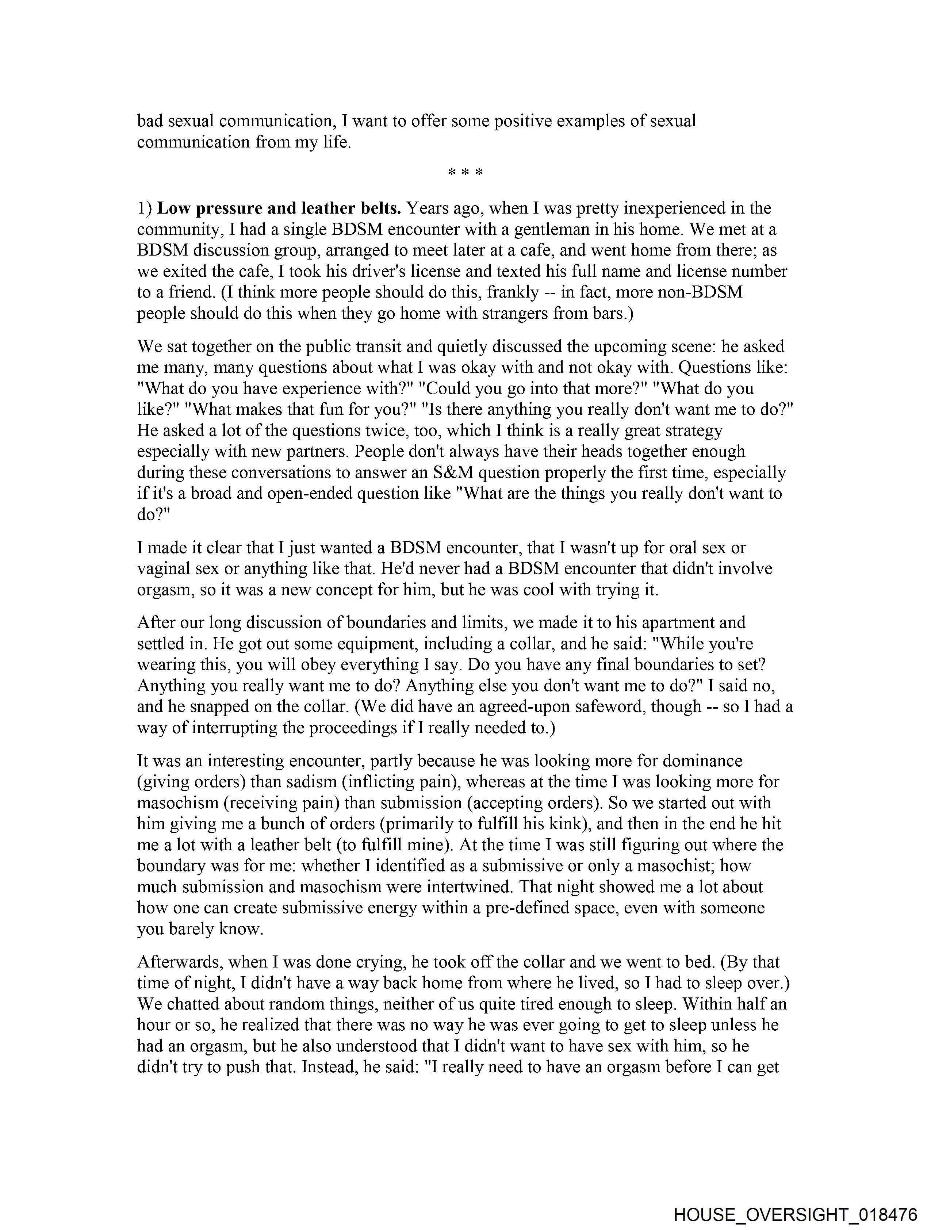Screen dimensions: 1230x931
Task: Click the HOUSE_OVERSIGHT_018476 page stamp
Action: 795,1214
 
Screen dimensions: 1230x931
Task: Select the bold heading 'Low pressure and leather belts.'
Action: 279,208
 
